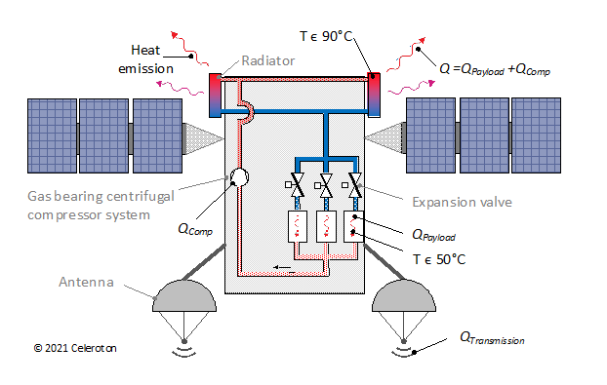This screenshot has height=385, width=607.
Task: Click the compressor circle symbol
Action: tap(239, 177)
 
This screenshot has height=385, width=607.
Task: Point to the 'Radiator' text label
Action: tap(262, 58)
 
